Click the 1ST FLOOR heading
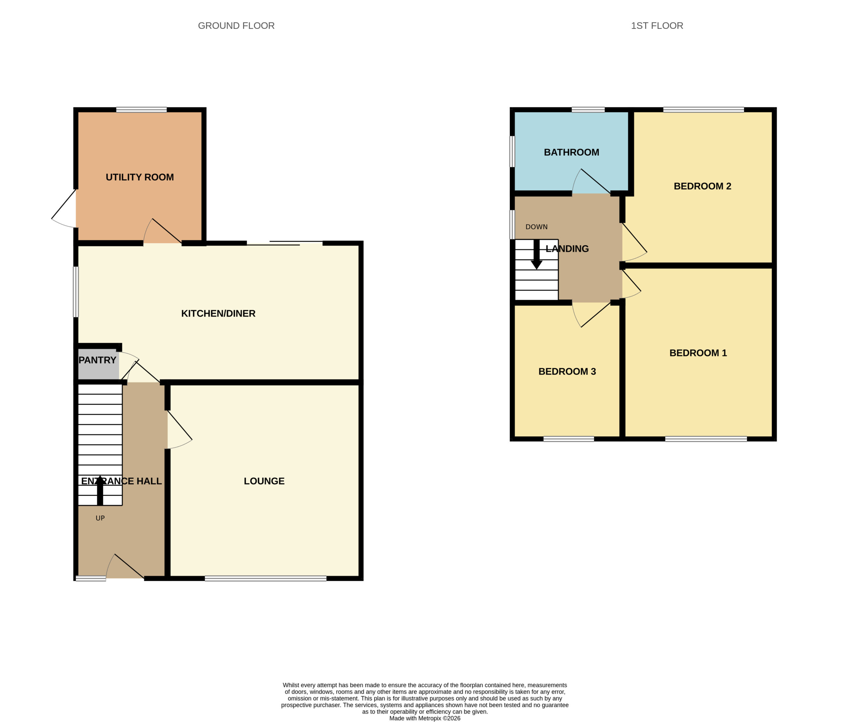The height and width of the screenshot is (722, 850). [657, 26]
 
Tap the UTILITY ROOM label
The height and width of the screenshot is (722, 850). [140, 177]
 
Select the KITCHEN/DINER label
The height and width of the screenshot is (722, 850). [218, 313]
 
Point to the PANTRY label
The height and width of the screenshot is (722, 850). [97, 360]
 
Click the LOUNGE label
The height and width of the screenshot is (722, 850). [264, 481]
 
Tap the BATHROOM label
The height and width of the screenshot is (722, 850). [571, 152]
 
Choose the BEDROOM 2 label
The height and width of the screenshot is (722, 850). [702, 186]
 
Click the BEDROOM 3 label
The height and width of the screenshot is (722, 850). [567, 372]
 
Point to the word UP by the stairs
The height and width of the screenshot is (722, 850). [100, 518]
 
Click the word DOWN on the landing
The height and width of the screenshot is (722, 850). [536, 227]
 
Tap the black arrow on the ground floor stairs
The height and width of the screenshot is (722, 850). [100, 490]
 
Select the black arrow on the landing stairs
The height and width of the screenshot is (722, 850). [536, 254]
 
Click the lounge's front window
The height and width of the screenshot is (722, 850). [265, 578]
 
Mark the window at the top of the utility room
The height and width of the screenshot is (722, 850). [141, 110]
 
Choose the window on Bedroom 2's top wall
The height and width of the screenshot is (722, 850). [704, 110]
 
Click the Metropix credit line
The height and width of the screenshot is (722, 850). [425, 718]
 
